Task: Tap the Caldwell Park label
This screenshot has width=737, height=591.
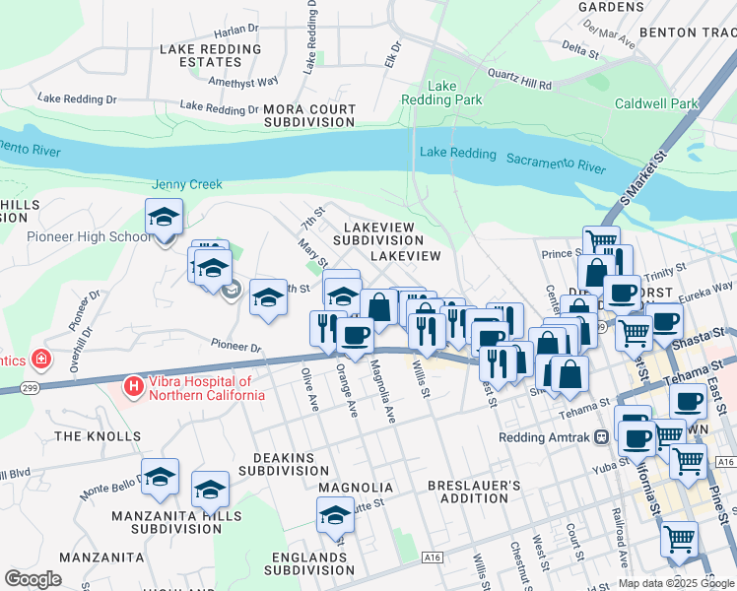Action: point(656,103)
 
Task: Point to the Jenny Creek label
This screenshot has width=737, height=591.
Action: point(186,184)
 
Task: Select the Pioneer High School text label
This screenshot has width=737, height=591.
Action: point(89,236)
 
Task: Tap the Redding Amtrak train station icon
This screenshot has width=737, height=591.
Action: point(600,437)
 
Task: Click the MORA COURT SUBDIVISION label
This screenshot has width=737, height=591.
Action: point(308,115)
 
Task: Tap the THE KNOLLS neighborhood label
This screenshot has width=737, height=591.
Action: point(98,436)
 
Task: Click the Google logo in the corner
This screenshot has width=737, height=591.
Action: point(33,579)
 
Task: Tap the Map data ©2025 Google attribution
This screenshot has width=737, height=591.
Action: point(676,583)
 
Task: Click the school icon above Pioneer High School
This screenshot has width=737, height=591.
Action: point(164,217)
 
